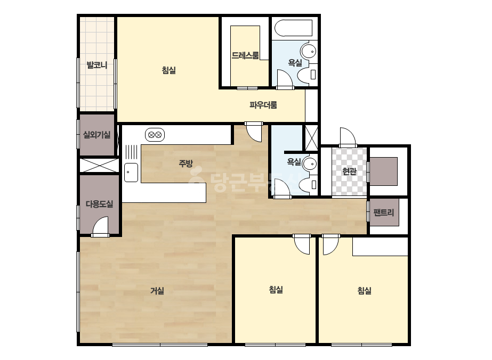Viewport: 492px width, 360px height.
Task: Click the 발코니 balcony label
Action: [97, 65]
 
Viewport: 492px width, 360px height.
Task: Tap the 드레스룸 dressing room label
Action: [245, 55]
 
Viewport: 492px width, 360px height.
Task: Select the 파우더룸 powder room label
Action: [263, 105]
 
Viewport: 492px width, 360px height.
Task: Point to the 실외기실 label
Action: [96, 135]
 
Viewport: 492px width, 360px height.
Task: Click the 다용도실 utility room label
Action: [100, 204]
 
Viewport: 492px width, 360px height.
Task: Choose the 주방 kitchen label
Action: [185, 163]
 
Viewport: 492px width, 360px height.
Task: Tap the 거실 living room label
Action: [157, 291]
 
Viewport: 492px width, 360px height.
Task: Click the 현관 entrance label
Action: [349, 171]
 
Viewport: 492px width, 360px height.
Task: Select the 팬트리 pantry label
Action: [384, 212]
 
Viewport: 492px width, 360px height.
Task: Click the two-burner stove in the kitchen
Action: [155, 135]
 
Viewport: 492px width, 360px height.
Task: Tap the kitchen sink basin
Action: [131, 173]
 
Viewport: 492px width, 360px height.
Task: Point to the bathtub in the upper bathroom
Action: [293, 28]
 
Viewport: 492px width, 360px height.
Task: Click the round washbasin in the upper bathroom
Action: [309, 52]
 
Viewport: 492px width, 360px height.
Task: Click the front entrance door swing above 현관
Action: [348, 137]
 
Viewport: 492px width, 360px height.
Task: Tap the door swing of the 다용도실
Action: [100, 226]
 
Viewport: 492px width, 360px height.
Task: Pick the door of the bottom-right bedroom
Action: [330, 245]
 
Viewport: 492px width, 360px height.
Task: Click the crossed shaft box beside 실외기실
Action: [100, 165]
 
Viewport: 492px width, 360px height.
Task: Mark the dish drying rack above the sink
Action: [132, 152]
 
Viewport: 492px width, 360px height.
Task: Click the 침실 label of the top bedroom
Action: [169, 70]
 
